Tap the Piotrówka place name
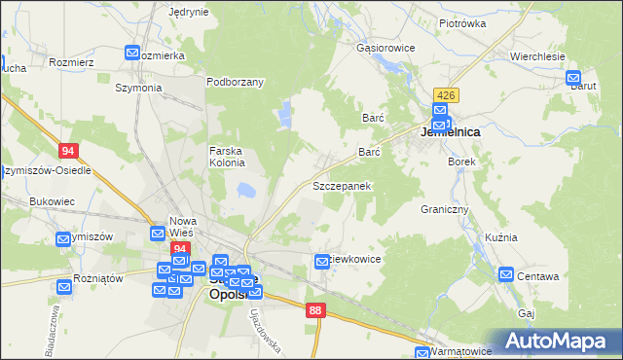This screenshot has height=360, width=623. coord(462,22)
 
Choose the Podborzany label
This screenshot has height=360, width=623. coord(236,82)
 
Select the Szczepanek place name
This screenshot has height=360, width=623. coord(342,185)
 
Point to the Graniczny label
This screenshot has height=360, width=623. coord(445,209)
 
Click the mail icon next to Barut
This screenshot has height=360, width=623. coord(574,77)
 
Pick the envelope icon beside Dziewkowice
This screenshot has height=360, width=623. coord(323,261)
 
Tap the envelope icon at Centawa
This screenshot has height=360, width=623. coord(506,275)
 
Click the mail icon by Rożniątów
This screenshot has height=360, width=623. coord(64,285)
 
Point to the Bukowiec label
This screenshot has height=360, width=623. coord(53,201)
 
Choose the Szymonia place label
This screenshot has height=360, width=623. coord(138,88)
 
